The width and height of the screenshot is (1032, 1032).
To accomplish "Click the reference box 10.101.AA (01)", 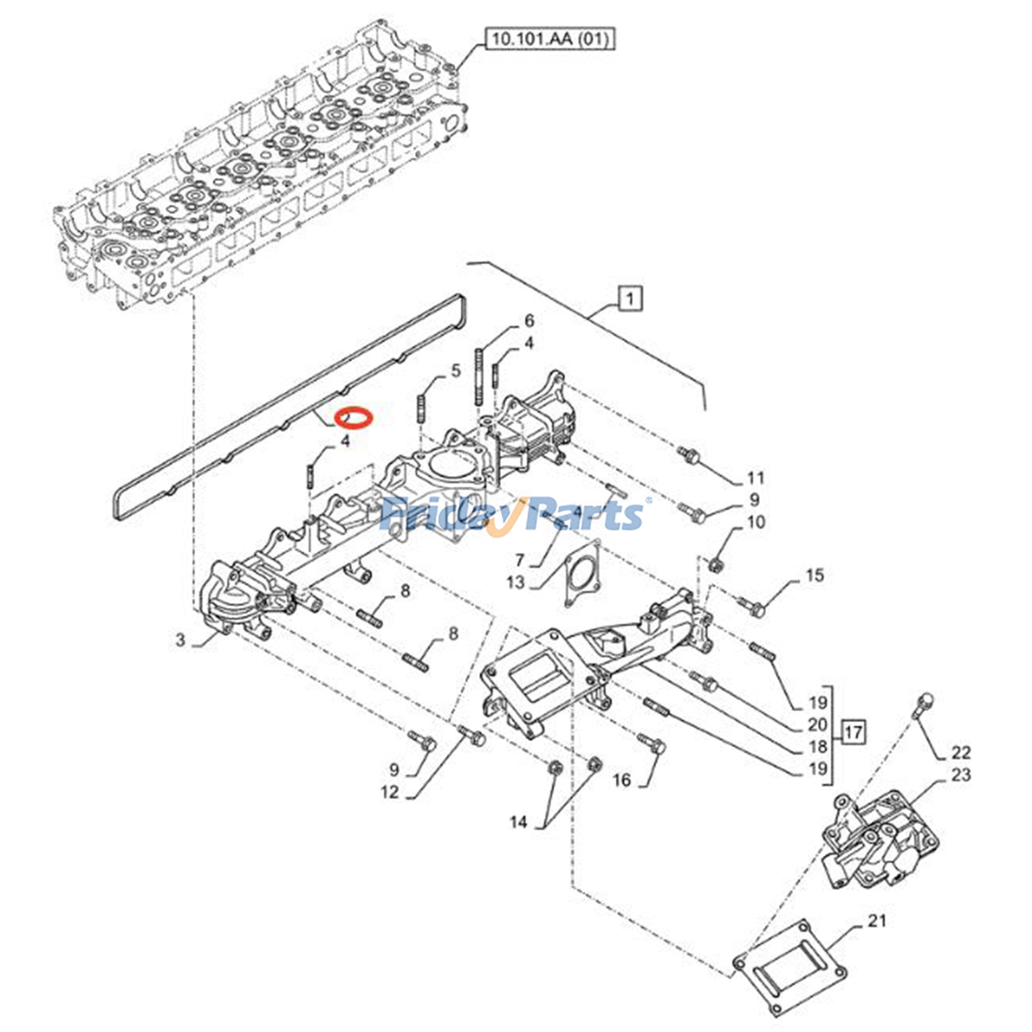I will click(x=550, y=39).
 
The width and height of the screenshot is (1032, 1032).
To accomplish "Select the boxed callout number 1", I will click(x=630, y=299).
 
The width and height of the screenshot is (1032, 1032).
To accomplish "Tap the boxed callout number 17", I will click(x=853, y=732).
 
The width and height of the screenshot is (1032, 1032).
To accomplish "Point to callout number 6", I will click(x=529, y=321).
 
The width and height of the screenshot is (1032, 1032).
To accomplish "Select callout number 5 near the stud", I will click(x=456, y=370).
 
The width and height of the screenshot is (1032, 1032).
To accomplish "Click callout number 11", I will click(x=755, y=478).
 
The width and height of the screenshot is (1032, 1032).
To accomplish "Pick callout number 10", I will click(x=755, y=521).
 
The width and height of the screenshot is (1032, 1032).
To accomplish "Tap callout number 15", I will click(x=815, y=575).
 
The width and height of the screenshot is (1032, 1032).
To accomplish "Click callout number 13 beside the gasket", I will click(x=515, y=582).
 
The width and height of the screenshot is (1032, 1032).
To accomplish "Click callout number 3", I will click(x=181, y=639).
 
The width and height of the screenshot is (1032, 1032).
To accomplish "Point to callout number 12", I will click(x=390, y=791).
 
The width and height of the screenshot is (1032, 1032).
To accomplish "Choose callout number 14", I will click(x=518, y=822).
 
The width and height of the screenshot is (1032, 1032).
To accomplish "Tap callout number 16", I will click(x=621, y=780).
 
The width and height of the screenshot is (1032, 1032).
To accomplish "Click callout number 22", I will click(x=960, y=752).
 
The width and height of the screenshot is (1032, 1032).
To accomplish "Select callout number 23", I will click(x=960, y=775).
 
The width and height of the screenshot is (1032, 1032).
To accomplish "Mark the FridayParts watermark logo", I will click(x=513, y=515).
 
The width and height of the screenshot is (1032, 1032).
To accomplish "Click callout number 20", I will click(x=817, y=724).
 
